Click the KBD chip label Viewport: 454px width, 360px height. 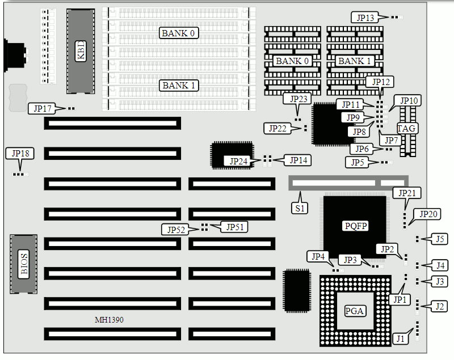click(x=81, y=53)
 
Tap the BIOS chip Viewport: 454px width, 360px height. click(x=24, y=264)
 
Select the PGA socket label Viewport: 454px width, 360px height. click(x=354, y=311)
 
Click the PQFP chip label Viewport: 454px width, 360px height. click(x=356, y=226)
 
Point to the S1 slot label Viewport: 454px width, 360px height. click(x=300, y=207)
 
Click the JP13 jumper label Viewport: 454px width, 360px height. click(x=365, y=18)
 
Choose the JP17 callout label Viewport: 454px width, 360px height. click(x=43, y=108)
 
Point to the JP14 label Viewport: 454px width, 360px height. click(x=298, y=160)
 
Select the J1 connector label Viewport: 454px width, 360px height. click(x=401, y=338)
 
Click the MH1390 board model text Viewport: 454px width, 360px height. click(x=109, y=320)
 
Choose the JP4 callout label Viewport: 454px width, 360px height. click(x=318, y=256)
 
